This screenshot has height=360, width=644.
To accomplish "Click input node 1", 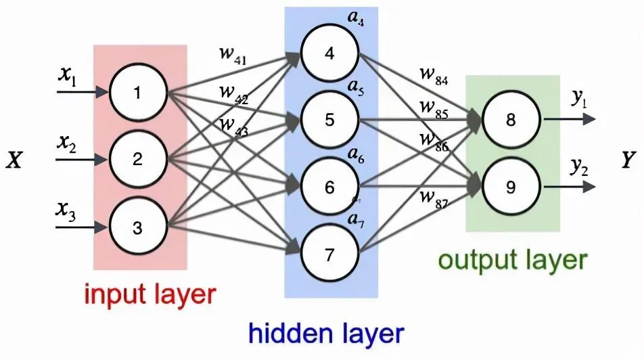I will pos(137,93).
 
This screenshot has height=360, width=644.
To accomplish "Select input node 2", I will pos(137,160).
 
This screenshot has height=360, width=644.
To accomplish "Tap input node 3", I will pos(137,228).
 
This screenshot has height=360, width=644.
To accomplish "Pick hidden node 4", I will pos(329,53).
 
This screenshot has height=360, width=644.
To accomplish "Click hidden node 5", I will pos(329,120).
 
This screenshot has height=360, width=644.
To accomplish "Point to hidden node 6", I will pos(329,187).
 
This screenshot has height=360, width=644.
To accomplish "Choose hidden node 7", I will pos(329,255).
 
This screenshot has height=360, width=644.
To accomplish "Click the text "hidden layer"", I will pos(325,333).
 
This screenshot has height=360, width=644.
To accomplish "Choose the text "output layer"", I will pos(511,259).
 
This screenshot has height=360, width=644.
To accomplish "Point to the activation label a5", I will pos(356,89).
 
